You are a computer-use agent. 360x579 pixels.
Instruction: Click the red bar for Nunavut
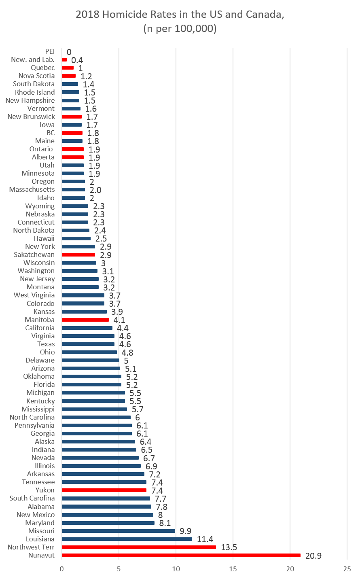[181, 555]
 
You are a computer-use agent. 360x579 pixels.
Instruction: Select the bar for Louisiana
[127, 539]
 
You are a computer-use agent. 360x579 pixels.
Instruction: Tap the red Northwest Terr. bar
[139, 547]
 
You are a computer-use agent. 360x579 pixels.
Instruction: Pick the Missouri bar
[119, 531]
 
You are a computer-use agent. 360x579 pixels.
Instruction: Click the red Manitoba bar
[85, 320]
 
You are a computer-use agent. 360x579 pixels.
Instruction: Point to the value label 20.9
[313, 556]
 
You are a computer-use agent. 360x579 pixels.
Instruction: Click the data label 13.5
[229, 547]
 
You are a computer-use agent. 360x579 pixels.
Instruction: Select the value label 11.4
[205, 539]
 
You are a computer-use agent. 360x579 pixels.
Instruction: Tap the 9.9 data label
[186, 531]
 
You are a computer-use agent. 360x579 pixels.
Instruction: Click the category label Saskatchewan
[34, 255]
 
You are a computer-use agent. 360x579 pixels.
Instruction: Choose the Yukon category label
[45, 490]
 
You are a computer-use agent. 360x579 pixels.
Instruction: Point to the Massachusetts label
[32, 189]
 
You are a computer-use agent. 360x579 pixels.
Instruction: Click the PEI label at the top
[50, 51]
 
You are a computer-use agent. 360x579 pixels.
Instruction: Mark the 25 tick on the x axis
[347, 569]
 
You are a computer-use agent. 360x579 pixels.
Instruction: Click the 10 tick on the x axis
[176, 569]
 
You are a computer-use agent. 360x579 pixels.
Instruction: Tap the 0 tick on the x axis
[62, 569]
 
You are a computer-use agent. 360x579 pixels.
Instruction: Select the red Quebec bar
[68, 68]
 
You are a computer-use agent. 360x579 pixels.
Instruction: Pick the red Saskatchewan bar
[78, 255]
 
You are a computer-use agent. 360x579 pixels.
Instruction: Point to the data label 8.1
[165, 523]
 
